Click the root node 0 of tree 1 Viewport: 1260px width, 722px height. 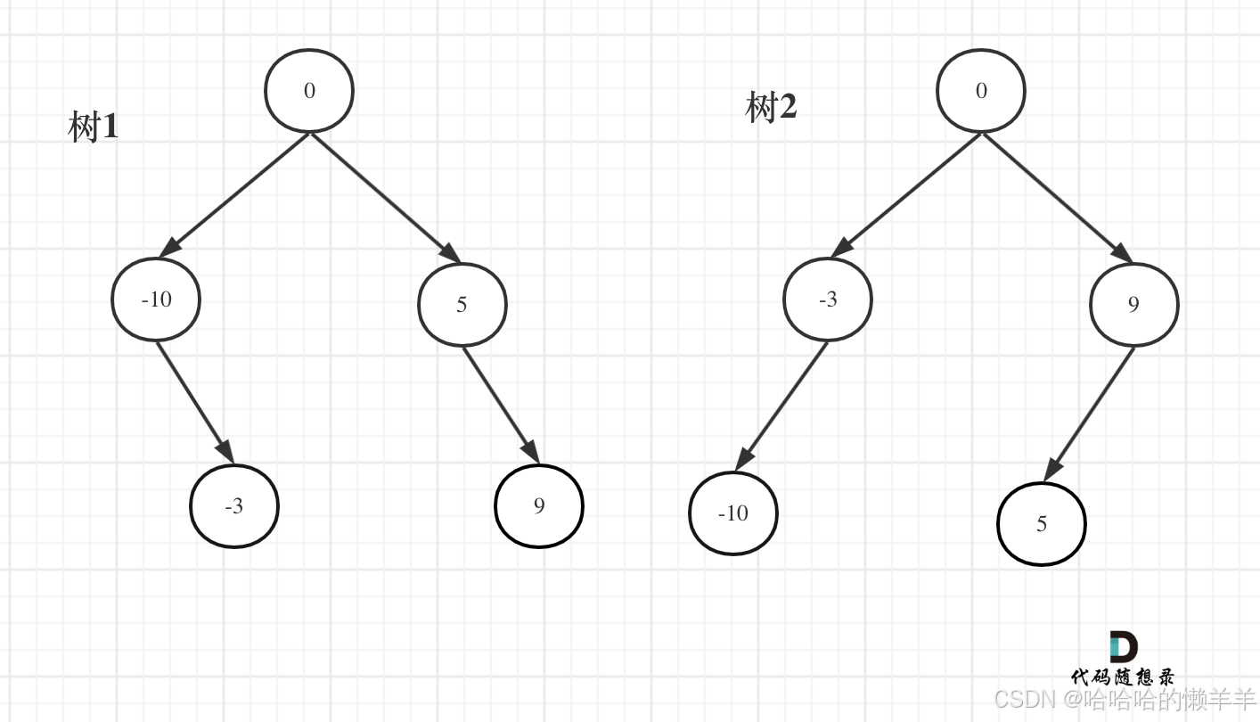pos(309,91)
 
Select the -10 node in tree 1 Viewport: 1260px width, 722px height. pos(156,299)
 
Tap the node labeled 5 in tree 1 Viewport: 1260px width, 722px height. pos(462,305)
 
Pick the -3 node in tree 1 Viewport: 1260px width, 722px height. pos(234,506)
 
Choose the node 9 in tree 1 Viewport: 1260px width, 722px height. pos(539,506)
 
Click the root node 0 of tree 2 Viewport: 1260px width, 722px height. pos(981,91)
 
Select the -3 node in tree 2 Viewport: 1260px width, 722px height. pos(828,299)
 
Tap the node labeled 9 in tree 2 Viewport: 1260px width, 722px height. pos(1133,305)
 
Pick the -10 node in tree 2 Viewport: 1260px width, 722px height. pos(733,513)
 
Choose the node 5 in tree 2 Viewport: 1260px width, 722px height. pos(1042,524)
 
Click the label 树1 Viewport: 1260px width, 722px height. pos(94,127)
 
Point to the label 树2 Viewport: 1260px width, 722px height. pos(771,108)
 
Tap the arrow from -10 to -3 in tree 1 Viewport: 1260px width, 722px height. pos(195,402)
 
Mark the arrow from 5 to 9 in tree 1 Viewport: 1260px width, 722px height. pos(501,406)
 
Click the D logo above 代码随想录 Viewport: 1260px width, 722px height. pos(1123,646)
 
